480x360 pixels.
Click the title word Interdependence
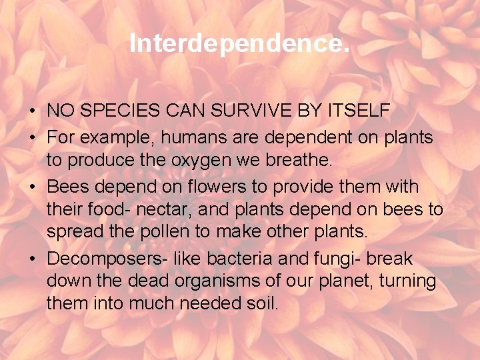(239, 43)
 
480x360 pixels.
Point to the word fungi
(311, 259)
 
